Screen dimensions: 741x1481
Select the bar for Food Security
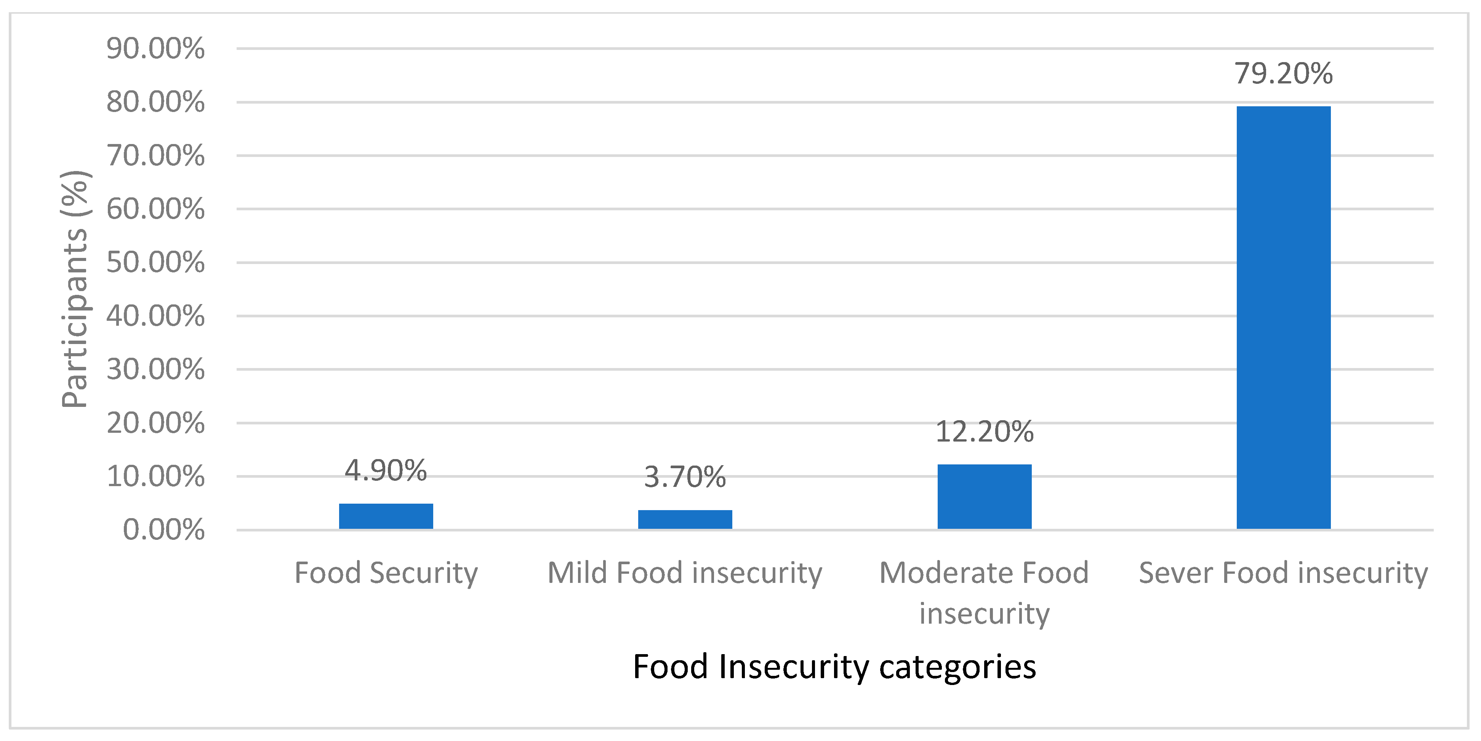coord(386,516)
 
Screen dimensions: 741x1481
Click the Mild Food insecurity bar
coord(685,519)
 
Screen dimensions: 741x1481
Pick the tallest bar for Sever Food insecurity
coord(1283,317)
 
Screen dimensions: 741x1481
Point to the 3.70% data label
coord(685,477)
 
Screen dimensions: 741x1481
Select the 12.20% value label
coord(984,431)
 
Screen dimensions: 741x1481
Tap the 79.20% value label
coord(1283,73)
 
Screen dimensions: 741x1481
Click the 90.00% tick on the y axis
coord(155,48)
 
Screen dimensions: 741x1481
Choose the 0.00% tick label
coord(163,530)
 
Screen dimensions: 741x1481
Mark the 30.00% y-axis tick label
coord(155,369)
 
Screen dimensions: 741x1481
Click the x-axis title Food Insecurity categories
coord(834,666)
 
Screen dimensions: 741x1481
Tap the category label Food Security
coord(386,573)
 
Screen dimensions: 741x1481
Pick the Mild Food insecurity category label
coord(685,573)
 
